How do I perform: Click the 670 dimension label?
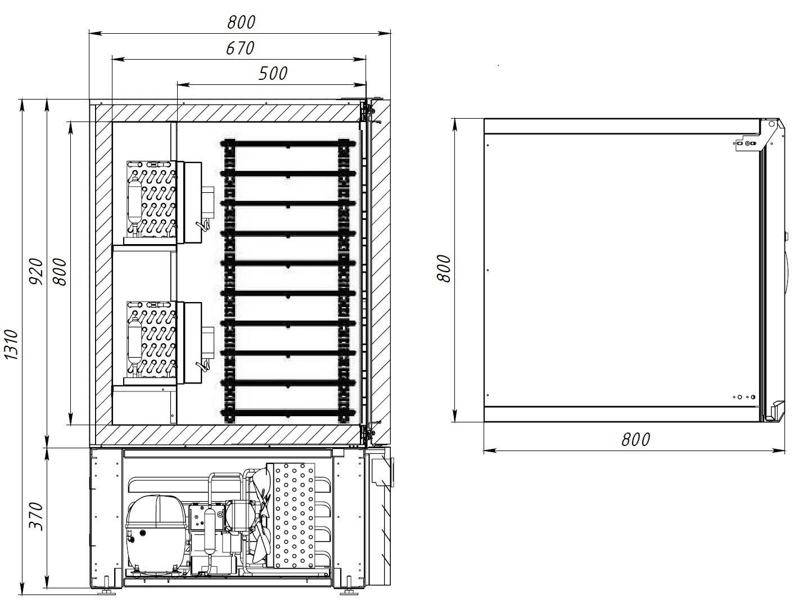pyautogui.click(x=240, y=48)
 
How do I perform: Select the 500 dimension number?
pyautogui.click(x=273, y=74)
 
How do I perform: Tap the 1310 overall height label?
pyautogui.click(x=12, y=345)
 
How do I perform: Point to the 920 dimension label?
pyautogui.click(x=37, y=271)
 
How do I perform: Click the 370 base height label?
pyautogui.click(x=37, y=516)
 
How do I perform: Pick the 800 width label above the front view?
pyautogui.click(x=241, y=22)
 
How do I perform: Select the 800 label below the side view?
pyautogui.click(x=636, y=439)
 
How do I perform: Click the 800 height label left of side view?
pyautogui.click(x=444, y=269)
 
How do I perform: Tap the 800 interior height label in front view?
pyautogui.click(x=60, y=272)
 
